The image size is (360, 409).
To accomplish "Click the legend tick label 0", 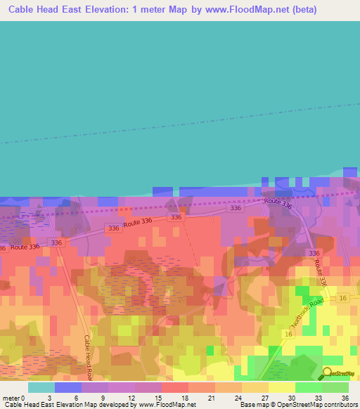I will (23, 397).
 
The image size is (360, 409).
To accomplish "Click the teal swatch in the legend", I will (41, 387).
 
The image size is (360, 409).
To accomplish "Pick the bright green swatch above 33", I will (309, 387).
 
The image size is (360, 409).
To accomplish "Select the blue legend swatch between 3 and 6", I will (68, 387).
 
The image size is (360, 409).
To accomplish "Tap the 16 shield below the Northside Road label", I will (289, 335).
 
